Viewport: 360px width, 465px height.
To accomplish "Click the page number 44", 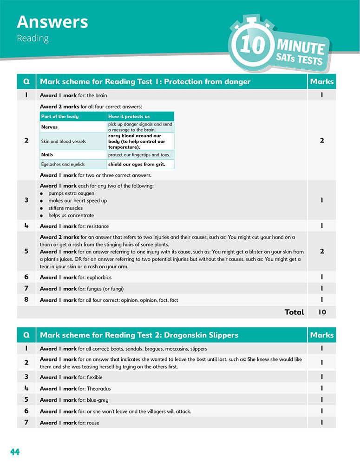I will click(x=15, y=452).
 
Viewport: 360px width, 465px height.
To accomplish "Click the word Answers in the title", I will click(x=52, y=22).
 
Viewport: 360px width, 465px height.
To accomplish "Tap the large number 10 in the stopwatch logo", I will click(x=253, y=45).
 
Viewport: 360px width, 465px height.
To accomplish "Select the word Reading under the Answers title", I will click(x=33, y=38).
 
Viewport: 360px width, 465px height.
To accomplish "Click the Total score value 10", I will click(x=322, y=312).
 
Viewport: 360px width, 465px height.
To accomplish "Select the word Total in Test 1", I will click(x=294, y=312).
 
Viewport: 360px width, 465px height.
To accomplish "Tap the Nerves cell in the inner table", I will click(x=50, y=127).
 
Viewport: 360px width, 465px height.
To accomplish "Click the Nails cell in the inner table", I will click(x=47, y=155).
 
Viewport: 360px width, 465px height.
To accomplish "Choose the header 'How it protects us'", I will click(x=129, y=116).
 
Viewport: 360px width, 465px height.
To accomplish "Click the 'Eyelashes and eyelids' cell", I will click(x=63, y=164).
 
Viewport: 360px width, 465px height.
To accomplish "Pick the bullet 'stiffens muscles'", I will click(x=65, y=208).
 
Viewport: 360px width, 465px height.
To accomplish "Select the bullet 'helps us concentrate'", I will click(x=71, y=215).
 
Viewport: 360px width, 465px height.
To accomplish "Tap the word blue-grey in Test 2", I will click(x=98, y=399).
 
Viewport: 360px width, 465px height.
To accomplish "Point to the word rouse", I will click(x=93, y=423).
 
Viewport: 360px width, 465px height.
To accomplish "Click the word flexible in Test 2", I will click(x=94, y=377).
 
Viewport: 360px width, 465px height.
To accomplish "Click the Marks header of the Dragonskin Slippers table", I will click(x=321, y=335).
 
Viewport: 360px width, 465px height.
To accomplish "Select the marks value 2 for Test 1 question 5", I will click(x=322, y=252).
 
